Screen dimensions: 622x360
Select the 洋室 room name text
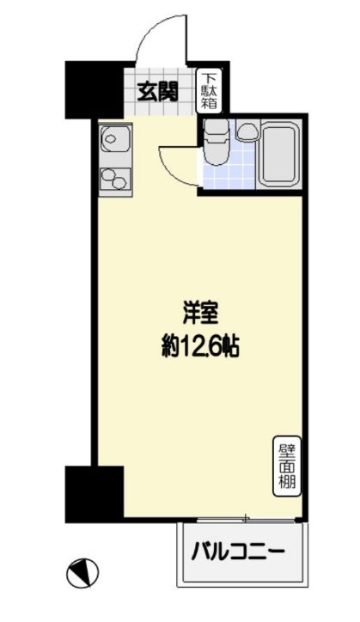coord(198,311)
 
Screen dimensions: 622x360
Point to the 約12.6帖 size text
coord(198,346)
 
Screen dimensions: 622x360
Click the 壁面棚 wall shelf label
coord(286,465)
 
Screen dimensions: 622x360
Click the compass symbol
coord(82,571)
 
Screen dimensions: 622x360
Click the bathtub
coord(280,154)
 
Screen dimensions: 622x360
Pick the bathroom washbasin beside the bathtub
coord(247,131)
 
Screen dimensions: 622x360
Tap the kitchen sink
coord(113,137)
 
